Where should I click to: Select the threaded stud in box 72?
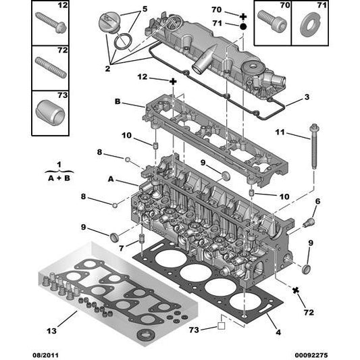(51, 68)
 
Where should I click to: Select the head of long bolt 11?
(315, 127)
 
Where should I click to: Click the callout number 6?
(317, 201)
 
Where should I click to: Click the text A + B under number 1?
(58, 177)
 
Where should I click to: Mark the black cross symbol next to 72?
(295, 290)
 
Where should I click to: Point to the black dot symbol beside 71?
(242, 24)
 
